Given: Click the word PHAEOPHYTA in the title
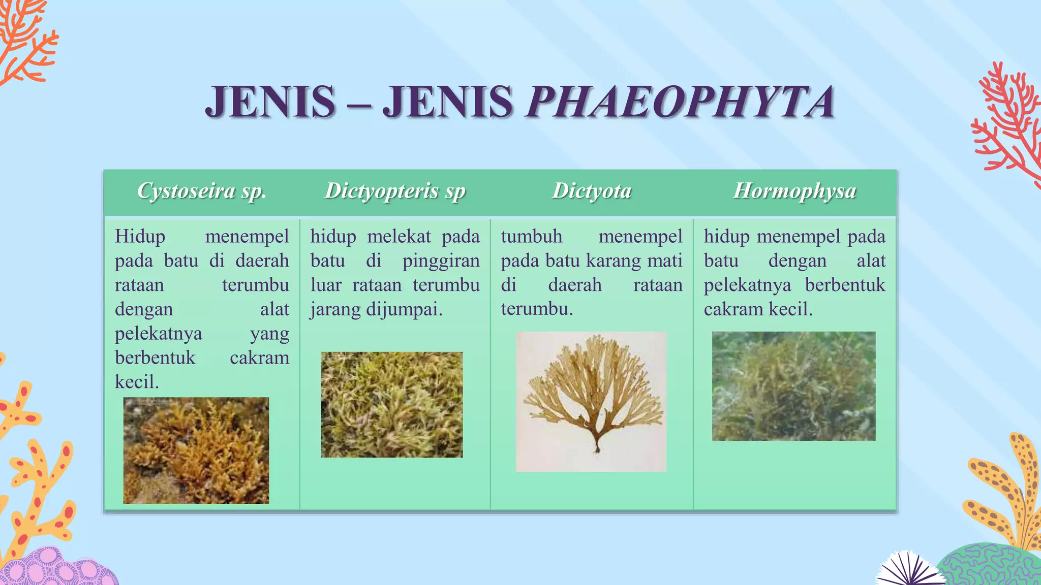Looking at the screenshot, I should point(680,102).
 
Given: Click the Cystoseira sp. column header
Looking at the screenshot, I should point(202,191).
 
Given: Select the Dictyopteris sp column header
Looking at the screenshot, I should point(395,191).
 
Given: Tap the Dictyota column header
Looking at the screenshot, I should point(592,191).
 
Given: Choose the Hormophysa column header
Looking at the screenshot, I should point(794,191).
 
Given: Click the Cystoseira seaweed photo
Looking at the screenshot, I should point(196,450).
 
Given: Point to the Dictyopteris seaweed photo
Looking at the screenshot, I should point(392,405).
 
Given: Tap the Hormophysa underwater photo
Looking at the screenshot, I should point(793,386).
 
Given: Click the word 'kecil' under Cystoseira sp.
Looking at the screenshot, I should point(137,382).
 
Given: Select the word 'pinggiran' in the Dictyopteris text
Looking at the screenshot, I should point(441,261).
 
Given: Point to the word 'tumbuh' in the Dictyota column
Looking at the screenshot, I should point(532,236).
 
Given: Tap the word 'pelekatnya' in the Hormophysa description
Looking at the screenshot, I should point(747,285).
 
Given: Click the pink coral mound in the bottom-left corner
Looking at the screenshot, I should point(61,569).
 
